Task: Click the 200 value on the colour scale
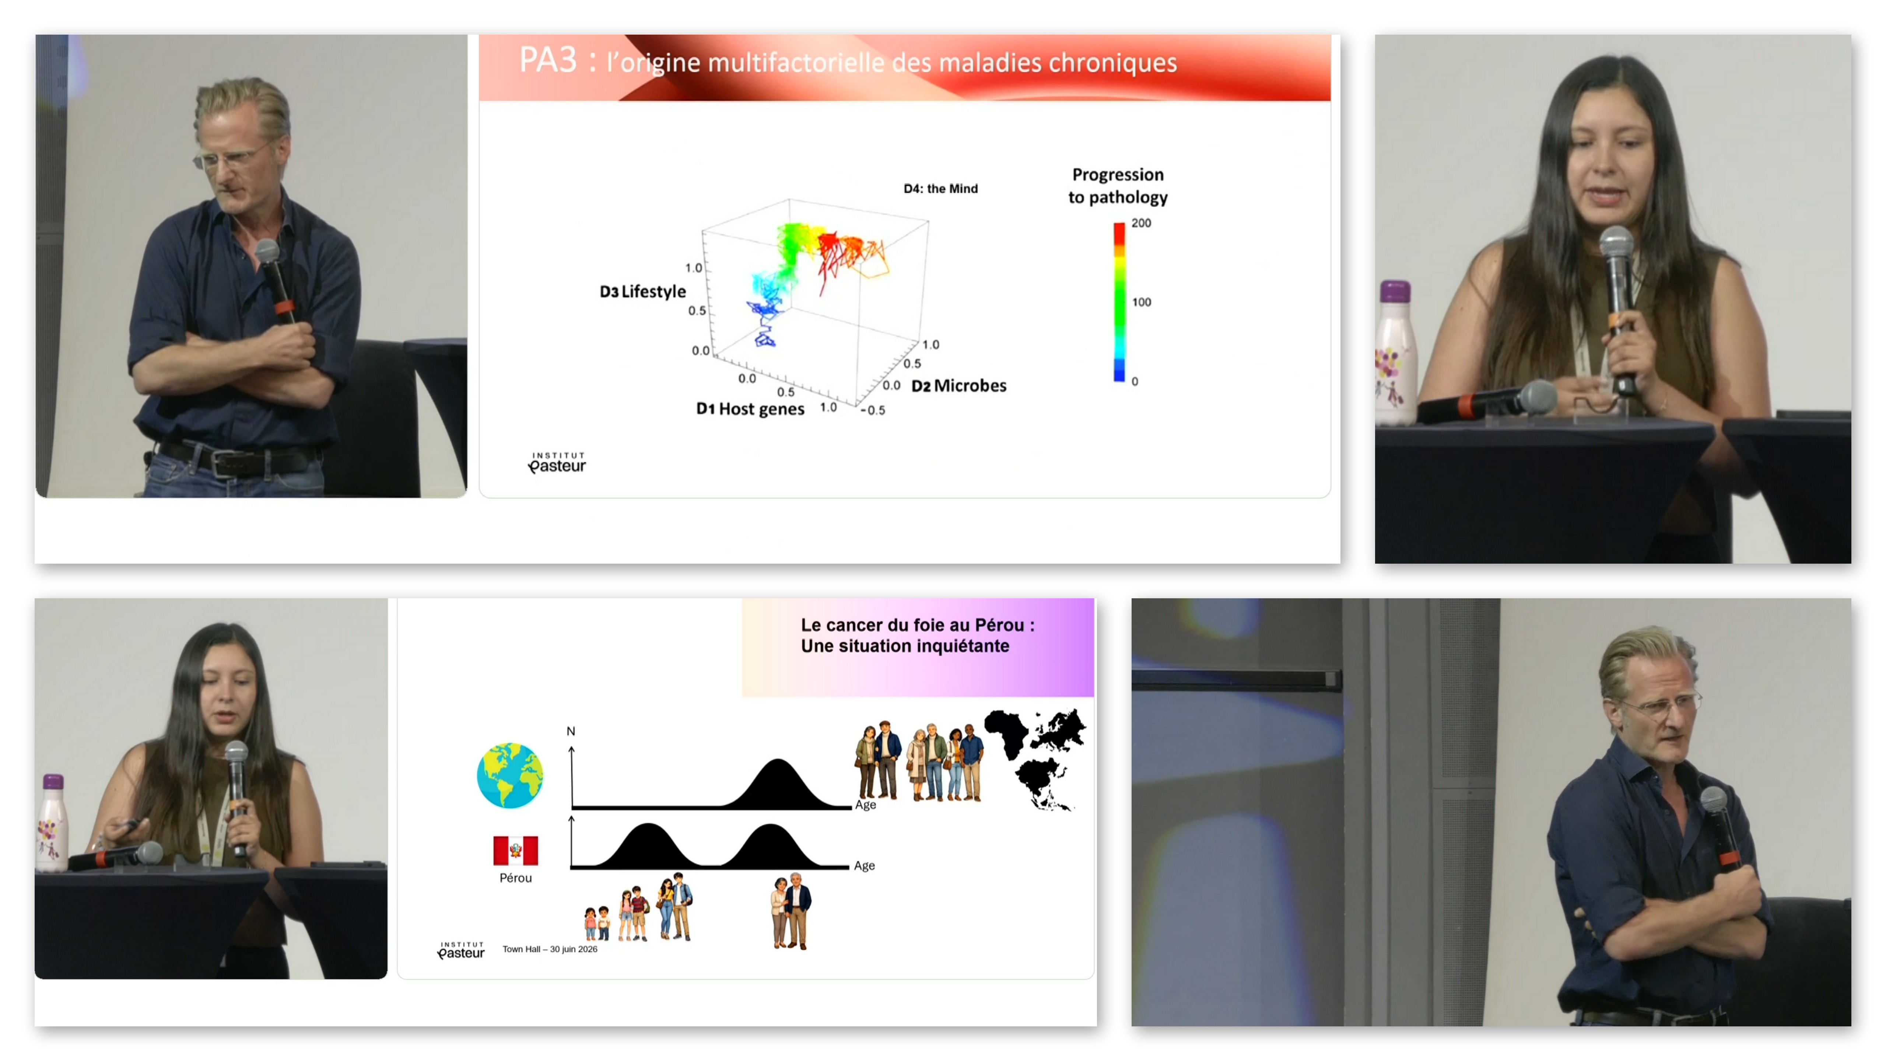coord(1141,223)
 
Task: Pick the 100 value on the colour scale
coord(1142,302)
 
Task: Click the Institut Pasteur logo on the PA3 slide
coord(557,463)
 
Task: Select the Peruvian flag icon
coord(515,850)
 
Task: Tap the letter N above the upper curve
coord(571,731)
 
